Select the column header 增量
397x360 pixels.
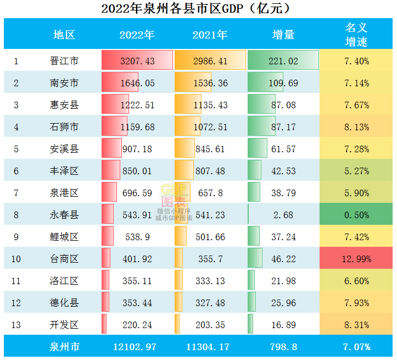(283, 35)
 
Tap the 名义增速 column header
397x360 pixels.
(356, 34)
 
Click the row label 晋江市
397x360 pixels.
(64, 61)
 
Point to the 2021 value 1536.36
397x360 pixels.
(210, 83)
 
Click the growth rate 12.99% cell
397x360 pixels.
(356, 259)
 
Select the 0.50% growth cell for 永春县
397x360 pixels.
(356, 215)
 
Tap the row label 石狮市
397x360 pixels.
(64, 127)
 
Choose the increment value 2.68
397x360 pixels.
(283, 215)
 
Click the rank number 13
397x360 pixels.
(16, 325)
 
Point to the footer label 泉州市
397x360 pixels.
(64, 347)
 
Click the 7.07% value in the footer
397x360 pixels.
(356, 347)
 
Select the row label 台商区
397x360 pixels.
(64, 259)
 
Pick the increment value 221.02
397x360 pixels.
(283, 61)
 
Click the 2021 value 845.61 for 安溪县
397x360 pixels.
(210, 149)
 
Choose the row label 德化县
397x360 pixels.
(64, 303)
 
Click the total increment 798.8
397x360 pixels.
(283, 347)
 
